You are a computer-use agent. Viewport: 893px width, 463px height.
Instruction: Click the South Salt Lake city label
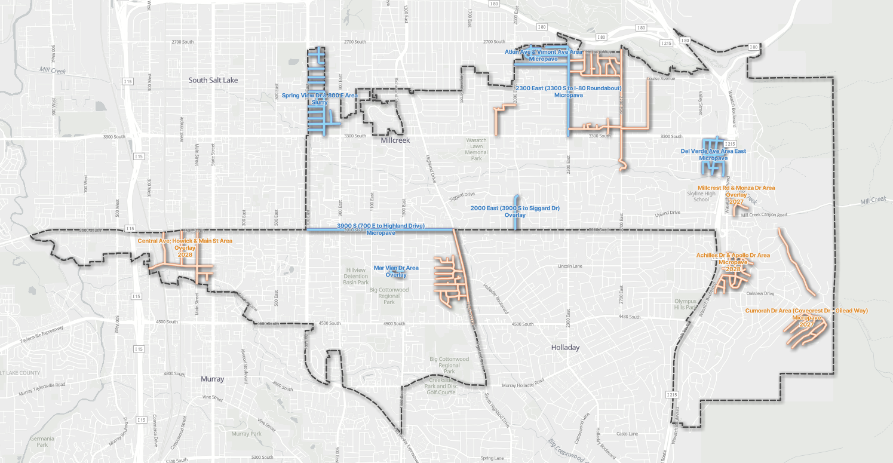[213, 80]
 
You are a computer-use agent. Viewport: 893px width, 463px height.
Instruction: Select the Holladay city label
[565, 347]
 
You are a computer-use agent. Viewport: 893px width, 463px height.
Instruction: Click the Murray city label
[213, 379]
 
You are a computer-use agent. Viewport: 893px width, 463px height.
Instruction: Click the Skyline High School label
[701, 197]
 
